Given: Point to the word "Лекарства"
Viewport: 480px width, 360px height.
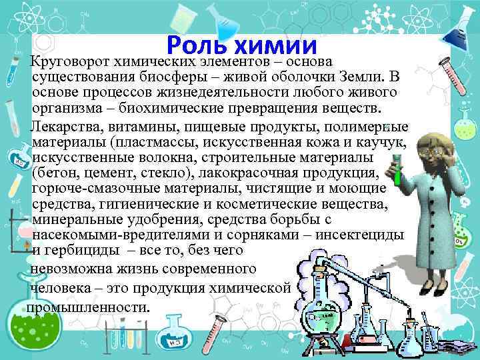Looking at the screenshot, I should click(x=63, y=127).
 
